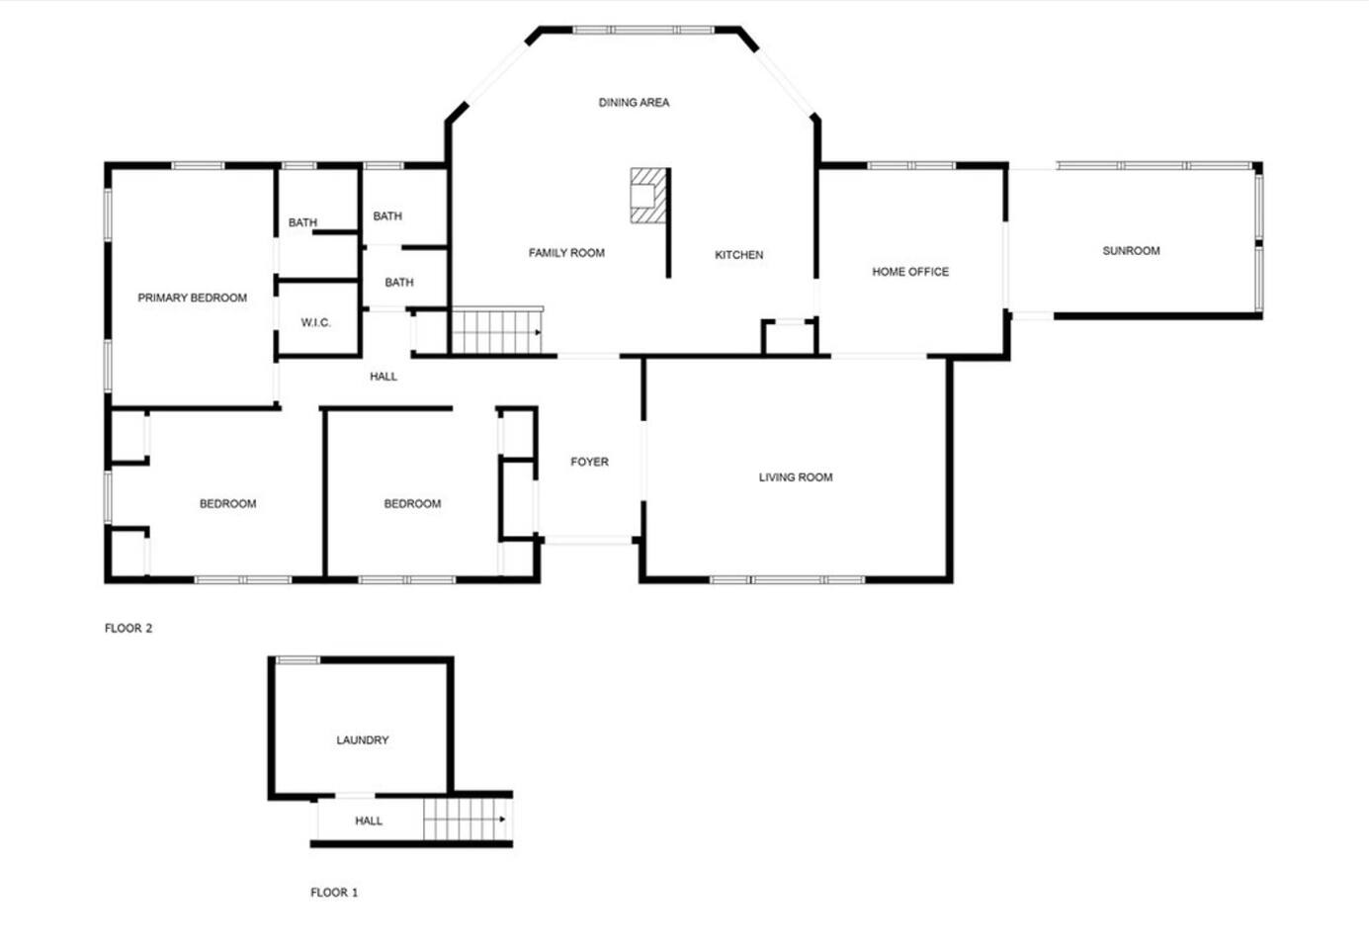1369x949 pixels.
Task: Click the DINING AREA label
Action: pyautogui.click(x=634, y=103)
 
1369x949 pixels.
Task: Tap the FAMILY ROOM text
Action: pyautogui.click(x=566, y=253)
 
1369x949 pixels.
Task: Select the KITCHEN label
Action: pyautogui.click(x=739, y=255)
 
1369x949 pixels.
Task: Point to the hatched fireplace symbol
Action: pyautogui.click(x=648, y=196)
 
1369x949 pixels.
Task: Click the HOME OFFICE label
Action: pyautogui.click(x=910, y=272)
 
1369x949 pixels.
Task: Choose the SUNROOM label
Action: pyautogui.click(x=1131, y=251)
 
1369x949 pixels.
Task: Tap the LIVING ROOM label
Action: pyautogui.click(x=796, y=477)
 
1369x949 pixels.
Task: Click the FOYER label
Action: pyautogui.click(x=590, y=462)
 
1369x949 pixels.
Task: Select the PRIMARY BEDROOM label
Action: pyautogui.click(x=193, y=299)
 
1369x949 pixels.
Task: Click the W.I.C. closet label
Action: pyautogui.click(x=316, y=322)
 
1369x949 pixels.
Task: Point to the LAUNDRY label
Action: pyautogui.click(x=363, y=740)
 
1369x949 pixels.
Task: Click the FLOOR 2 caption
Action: pyautogui.click(x=128, y=628)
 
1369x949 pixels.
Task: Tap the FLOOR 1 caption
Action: pyautogui.click(x=334, y=893)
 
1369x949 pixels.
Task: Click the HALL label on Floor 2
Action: pyautogui.click(x=384, y=377)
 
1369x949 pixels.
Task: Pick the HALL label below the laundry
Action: pyautogui.click(x=369, y=820)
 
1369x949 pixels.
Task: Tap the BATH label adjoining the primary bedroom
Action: pyautogui.click(x=302, y=222)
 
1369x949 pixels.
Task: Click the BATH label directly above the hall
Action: pyautogui.click(x=399, y=283)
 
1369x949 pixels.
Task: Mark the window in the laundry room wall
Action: pyautogui.click(x=298, y=660)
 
